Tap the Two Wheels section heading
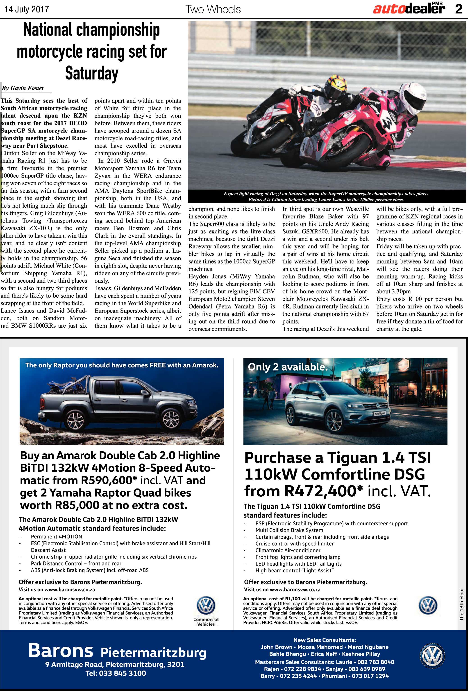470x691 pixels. coord(213,9)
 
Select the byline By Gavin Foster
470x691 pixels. coord(23,88)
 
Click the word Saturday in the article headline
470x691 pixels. coord(92,73)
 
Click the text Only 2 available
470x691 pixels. coord(288,367)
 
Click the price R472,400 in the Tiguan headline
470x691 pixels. coord(325,491)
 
